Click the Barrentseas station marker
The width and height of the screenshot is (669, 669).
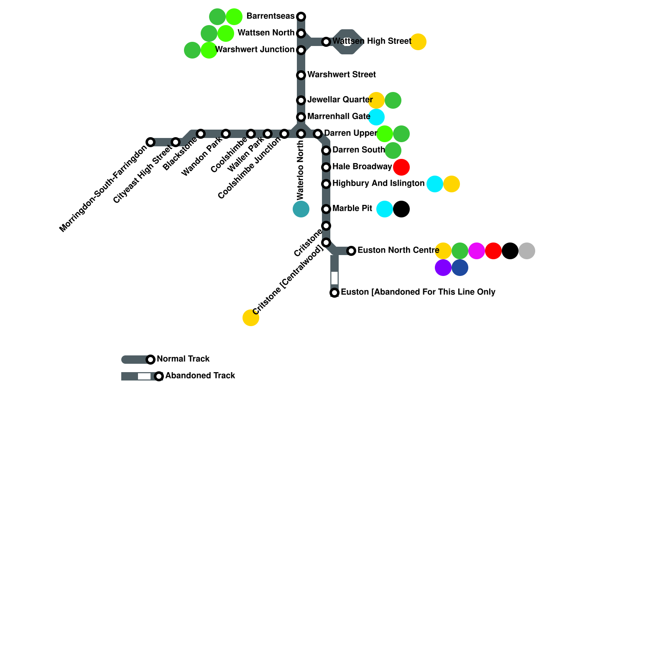tap(301, 17)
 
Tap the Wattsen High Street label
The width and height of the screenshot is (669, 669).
tap(372, 41)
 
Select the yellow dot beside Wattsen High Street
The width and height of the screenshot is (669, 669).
tap(418, 42)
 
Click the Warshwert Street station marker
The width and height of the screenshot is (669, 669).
tap(301, 75)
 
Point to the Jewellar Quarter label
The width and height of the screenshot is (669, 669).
tap(340, 100)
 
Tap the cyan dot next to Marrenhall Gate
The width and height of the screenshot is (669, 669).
tap(376, 117)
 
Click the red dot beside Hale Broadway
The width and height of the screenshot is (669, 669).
tap(401, 167)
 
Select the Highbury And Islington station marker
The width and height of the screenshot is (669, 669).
tap(326, 184)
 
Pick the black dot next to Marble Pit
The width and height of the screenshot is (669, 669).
tap(401, 209)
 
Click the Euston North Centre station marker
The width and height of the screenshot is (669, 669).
tap(351, 251)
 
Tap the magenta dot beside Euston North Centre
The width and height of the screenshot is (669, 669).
tap(477, 251)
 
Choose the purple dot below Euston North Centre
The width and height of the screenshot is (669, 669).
tap(443, 268)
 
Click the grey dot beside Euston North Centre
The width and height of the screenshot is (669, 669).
tap(527, 251)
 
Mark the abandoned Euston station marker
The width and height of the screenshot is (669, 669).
tap(334, 293)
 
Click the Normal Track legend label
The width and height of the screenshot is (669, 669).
tap(183, 359)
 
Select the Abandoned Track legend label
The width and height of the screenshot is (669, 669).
tap(200, 376)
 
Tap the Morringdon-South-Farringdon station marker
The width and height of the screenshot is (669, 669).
tap(151, 142)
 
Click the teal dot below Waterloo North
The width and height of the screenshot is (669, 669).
tap(301, 209)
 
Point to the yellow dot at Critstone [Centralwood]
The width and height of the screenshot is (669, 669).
tap(251, 318)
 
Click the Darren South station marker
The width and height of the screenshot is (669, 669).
tap(326, 151)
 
